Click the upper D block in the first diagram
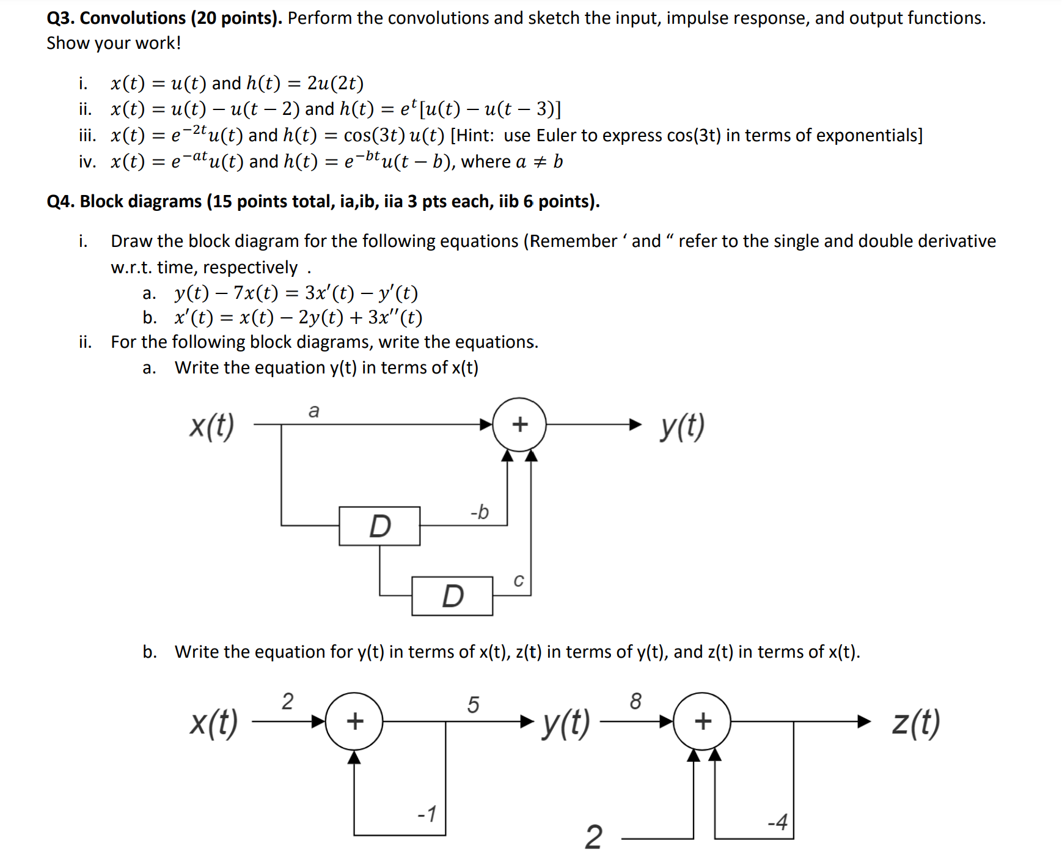pyautogui.click(x=379, y=526)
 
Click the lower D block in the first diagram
pyautogui.click(x=452, y=596)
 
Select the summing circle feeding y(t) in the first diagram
pyautogui.click(x=519, y=424)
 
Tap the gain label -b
pyautogui.click(x=480, y=512)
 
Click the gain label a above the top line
pyautogui.click(x=314, y=411)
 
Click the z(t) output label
pyautogui.click(x=915, y=723)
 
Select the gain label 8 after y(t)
pyautogui.click(x=635, y=701)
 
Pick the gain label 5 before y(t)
pyautogui.click(x=473, y=704)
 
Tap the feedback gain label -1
pyautogui.click(x=427, y=814)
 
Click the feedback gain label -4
pyautogui.click(x=777, y=822)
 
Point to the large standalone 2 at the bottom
pyautogui.click(x=593, y=837)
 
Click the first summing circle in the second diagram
pyautogui.click(x=354, y=721)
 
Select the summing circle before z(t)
pyautogui.click(x=702, y=721)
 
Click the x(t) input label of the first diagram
pyautogui.click(x=211, y=425)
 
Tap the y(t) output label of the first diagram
pyautogui.click(x=682, y=425)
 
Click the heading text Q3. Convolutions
pyautogui.click(x=117, y=18)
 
